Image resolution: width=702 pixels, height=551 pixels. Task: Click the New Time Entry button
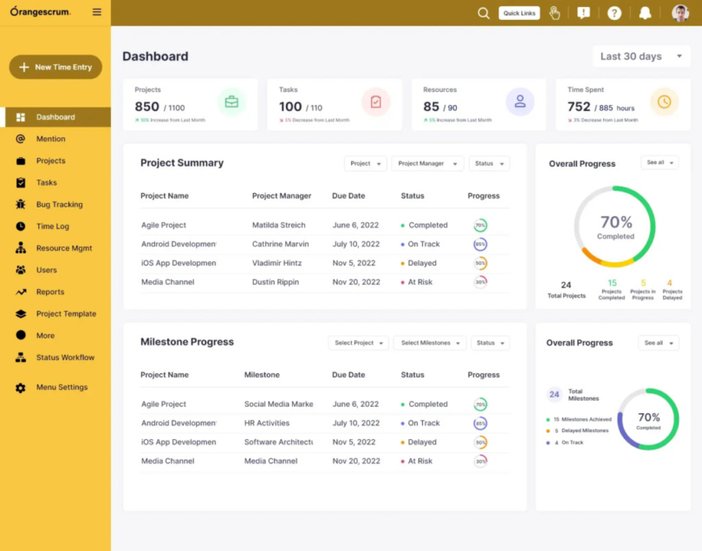click(55, 67)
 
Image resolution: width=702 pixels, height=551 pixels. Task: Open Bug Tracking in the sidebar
click(59, 205)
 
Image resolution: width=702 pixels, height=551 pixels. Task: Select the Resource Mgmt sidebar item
click(63, 248)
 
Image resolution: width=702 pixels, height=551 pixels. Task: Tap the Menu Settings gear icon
click(21, 388)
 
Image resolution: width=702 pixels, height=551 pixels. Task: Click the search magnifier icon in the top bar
click(484, 13)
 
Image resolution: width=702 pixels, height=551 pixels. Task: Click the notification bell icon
click(645, 13)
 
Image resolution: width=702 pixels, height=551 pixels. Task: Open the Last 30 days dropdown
click(641, 56)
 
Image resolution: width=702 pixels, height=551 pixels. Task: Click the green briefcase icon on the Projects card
click(231, 102)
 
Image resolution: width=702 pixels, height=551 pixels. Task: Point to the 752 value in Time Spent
click(578, 107)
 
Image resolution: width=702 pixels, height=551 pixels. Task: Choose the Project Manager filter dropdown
click(426, 163)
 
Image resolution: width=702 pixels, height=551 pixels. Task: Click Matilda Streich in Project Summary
click(278, 226)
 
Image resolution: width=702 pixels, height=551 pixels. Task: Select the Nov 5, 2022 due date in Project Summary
click(354, 263)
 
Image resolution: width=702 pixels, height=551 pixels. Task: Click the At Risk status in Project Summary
click(419, 282)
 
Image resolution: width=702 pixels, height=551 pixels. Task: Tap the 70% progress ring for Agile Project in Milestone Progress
click(480, 404)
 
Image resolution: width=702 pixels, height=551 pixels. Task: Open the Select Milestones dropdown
click(429, 343)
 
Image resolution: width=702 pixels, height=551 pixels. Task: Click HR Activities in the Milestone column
click(267, 423)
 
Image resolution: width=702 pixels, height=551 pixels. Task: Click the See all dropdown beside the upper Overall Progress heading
click(659, 163)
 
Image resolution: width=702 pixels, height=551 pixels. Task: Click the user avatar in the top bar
click(679, 13)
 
